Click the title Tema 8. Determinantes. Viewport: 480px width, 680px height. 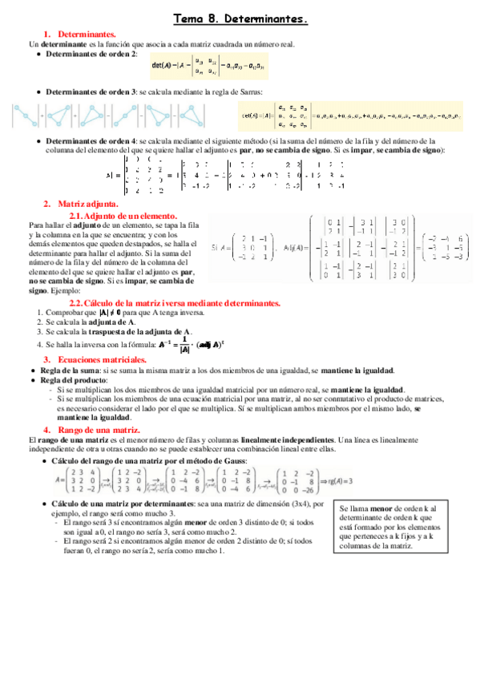240,17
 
